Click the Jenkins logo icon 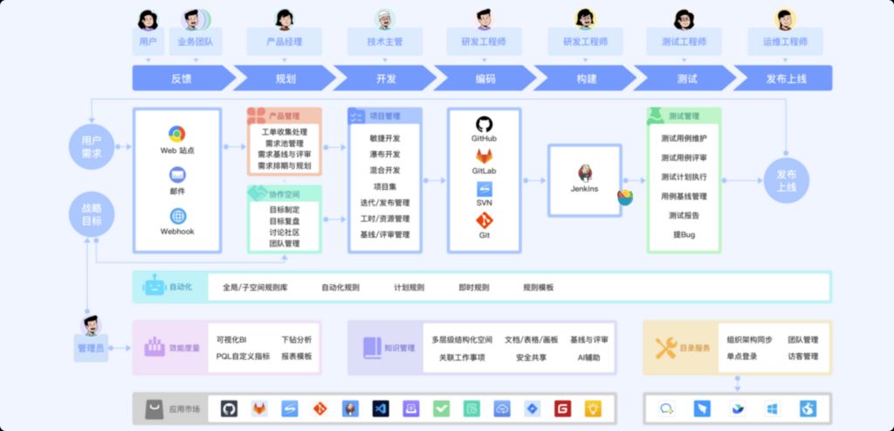click(x=584, y=171)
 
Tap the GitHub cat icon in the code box click(x=484, y=124)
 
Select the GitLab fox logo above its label click(x=484, y=156)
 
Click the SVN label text click(x=484, y=203)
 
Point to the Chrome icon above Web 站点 click(x=177, y=134)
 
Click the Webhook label click(x=177, y=232)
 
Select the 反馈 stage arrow click(x=182, y=79)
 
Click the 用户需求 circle click(x=92, y=146)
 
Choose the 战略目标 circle click(x=92, y=215)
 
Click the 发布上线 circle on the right click(x=787, y=180)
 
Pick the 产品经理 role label click(x=284, y=41)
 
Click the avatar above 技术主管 click(x=385, y=18)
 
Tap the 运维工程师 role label click(x=784, y=41)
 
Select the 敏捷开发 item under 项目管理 click(x=385, y=138)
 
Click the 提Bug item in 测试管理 click(x=684, y=234)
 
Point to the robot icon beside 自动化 click(x=155, y=287)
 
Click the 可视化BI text click(x=231, y=339)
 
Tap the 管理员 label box click(x=91, y=349)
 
